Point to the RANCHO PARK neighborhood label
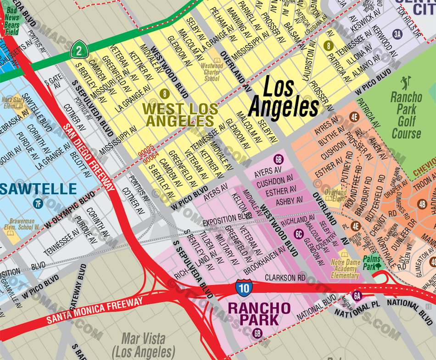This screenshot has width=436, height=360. tap(259, 313)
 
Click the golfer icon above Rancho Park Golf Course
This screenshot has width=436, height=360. tap(404, 83)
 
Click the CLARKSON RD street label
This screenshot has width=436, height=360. tap(285, 278)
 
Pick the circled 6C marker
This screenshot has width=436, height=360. tap(299, 234)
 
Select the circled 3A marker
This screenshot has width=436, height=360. tap(397, 33)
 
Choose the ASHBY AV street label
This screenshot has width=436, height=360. tap(289, 201)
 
